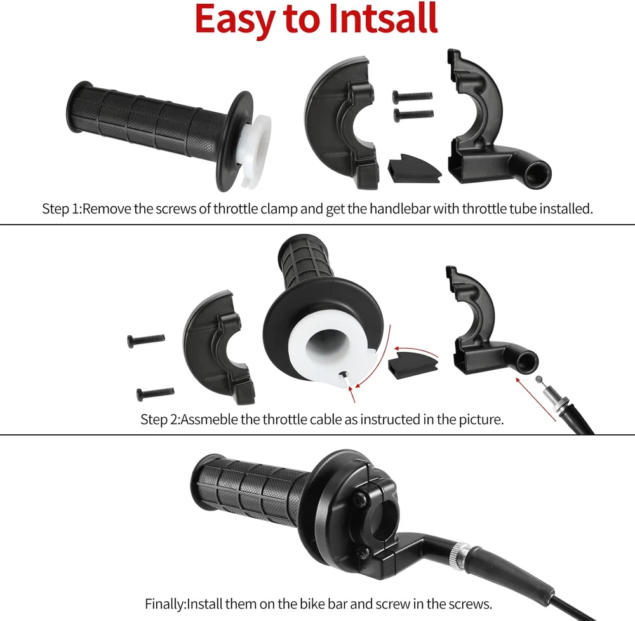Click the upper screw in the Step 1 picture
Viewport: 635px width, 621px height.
412,97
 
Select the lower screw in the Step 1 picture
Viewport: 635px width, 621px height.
413,114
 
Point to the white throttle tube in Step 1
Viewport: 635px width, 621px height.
257,150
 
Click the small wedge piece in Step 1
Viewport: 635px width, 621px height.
413,168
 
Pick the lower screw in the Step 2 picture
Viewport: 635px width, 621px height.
156,392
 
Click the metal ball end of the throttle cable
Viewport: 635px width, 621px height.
538,379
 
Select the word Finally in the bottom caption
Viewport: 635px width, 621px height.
164,604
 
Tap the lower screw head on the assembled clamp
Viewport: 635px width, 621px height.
363,551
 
